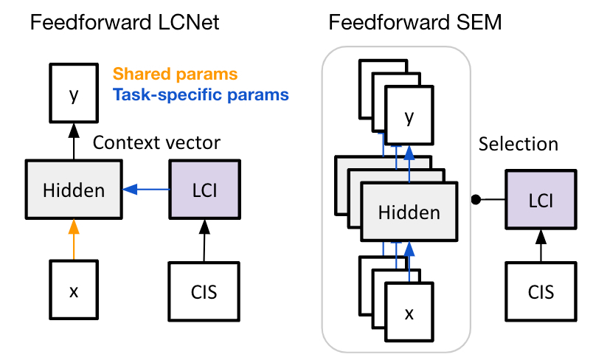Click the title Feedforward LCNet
[x=125, y=23]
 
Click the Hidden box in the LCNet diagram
[x=72, y=190]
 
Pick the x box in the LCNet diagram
[x=72, y=290]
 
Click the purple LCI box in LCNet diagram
[x=203, y=190]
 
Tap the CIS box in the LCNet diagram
[x=203, y=290]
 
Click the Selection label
[x=519, y=144]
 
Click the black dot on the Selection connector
[x=476, y=200]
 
